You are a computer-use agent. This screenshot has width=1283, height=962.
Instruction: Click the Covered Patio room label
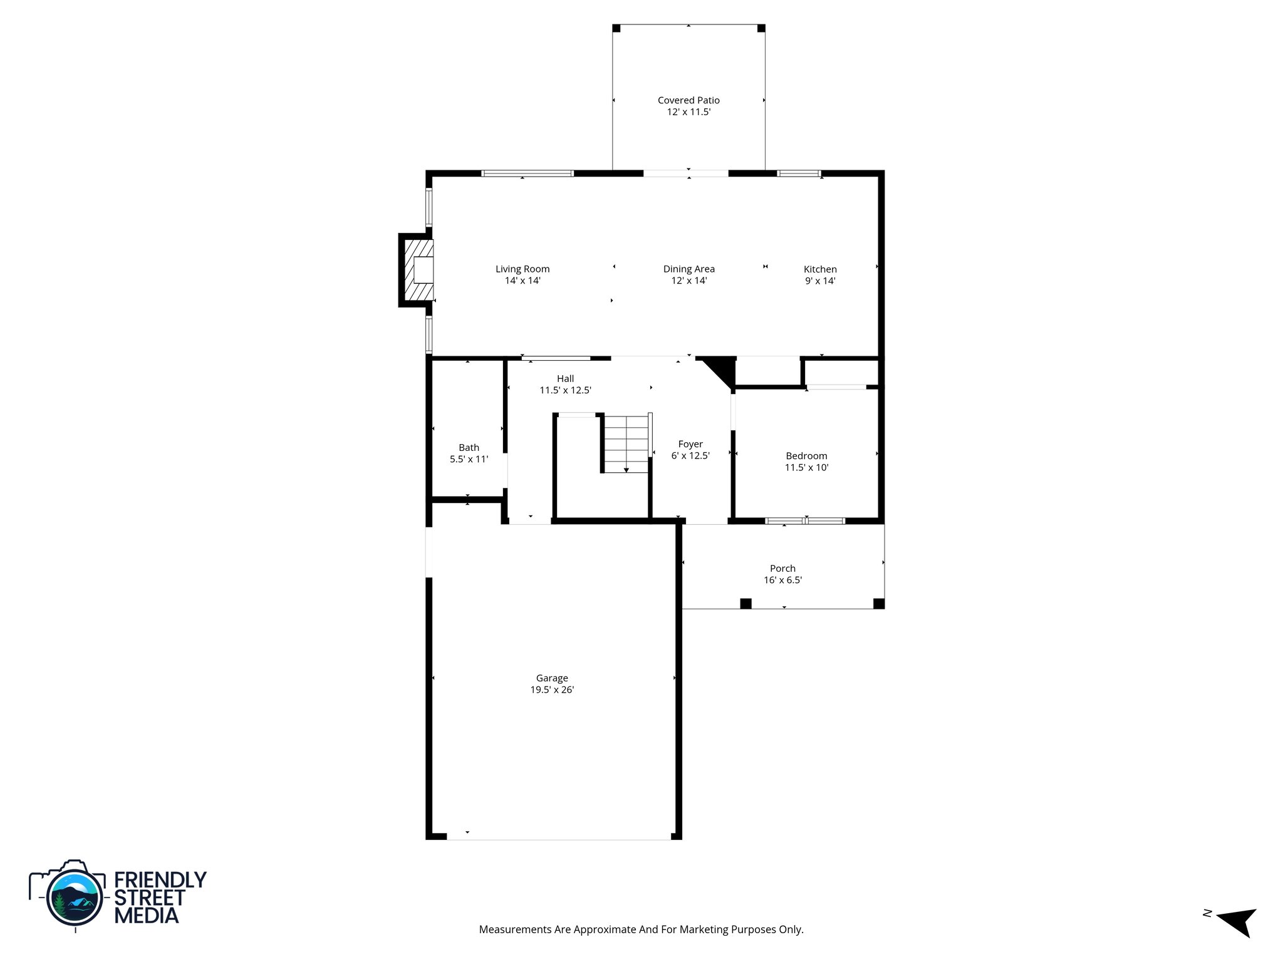point(688,100)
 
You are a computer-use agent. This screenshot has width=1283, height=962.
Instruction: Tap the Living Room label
point(522,269)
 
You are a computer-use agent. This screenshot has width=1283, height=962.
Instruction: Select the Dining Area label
point(688,269)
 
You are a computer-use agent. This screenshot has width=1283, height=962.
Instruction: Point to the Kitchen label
point(820,269)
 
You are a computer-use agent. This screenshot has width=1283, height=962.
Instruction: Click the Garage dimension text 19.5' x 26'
point(552,690)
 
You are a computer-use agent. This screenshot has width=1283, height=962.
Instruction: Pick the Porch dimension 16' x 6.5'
point(782,580)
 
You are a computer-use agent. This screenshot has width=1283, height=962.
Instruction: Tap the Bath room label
point(469,447)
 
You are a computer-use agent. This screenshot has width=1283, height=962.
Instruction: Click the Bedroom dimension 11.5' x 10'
point(806,467)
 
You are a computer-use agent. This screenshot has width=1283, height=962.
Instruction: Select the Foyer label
point(690,444)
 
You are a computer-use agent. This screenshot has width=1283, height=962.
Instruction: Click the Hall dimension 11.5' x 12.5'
point(565,390)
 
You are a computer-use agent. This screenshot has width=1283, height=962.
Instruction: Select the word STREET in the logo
point(149,897)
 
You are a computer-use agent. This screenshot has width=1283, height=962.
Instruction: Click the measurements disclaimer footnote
point(641,929)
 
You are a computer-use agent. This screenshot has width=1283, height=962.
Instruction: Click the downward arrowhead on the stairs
point(626,470)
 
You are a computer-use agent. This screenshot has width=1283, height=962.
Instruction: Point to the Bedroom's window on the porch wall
point(806,520)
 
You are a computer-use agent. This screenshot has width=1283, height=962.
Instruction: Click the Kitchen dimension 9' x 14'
point(820,281)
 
